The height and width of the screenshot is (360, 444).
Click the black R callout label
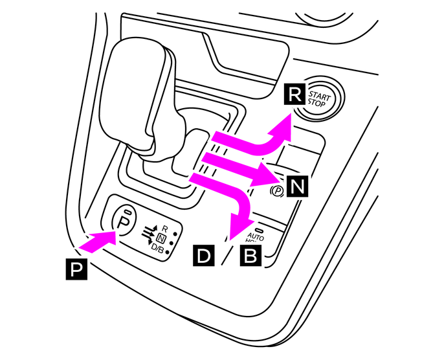coord(294,96)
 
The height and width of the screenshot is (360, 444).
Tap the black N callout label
coord(296,187)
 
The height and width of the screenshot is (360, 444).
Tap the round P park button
coord(126,221)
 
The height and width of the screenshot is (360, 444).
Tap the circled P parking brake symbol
coord(276,191)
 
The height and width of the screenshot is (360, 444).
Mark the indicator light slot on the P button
coord(128,212)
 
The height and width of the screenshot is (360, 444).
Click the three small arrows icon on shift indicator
coord(147,234)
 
